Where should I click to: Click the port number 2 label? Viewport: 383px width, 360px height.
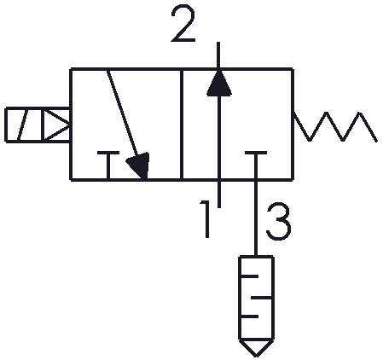point(183,24)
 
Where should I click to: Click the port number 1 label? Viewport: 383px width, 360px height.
point(206,219)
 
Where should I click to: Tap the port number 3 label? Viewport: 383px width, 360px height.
point(279,222)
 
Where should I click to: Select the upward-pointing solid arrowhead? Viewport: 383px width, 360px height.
point(218,83)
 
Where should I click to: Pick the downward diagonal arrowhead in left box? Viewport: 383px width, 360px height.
point(139,165)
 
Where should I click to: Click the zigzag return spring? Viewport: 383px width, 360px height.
point(335,126)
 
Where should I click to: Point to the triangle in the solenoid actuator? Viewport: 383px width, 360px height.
point(56,125)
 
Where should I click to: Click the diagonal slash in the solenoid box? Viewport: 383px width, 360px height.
point(22,125)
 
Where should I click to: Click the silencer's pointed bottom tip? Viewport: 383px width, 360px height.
point(256,357)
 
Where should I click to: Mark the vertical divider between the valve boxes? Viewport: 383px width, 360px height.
point(182,125)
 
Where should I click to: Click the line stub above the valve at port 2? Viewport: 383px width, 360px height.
point(218,55)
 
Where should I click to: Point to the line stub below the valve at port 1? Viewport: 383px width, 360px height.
point(218,194)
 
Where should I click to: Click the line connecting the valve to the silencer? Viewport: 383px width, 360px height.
point(256,218)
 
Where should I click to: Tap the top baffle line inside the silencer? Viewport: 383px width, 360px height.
point(249,276)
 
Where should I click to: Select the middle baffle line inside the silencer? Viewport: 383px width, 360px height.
point(261,298)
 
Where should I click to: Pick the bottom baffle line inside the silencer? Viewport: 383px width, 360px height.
point(249,316)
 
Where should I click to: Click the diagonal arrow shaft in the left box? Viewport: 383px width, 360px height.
point(122,113)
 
